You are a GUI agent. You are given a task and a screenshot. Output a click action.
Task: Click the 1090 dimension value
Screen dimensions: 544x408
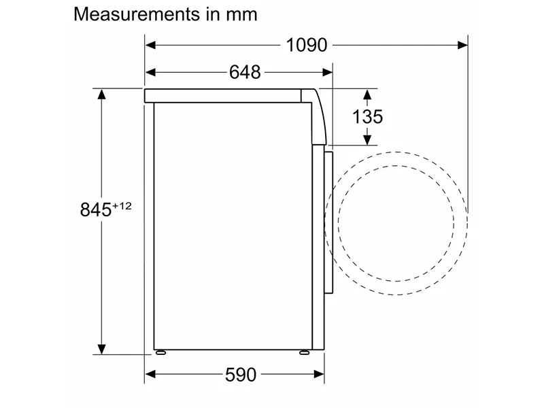(307, 45)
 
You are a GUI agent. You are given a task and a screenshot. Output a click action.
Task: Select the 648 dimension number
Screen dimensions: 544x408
(245, 73)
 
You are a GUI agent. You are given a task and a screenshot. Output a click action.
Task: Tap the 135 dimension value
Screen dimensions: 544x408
(367, 116)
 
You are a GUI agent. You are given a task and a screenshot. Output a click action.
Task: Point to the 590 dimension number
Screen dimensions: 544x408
(241, 375)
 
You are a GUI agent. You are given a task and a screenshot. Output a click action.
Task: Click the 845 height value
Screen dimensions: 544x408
(96, 209)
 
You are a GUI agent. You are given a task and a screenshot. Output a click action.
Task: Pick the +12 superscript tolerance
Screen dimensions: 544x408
(122, 206)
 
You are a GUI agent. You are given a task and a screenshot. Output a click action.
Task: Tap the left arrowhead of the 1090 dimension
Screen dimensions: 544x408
(150, 45)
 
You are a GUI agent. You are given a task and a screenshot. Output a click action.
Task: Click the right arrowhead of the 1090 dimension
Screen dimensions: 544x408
(462, 45)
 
